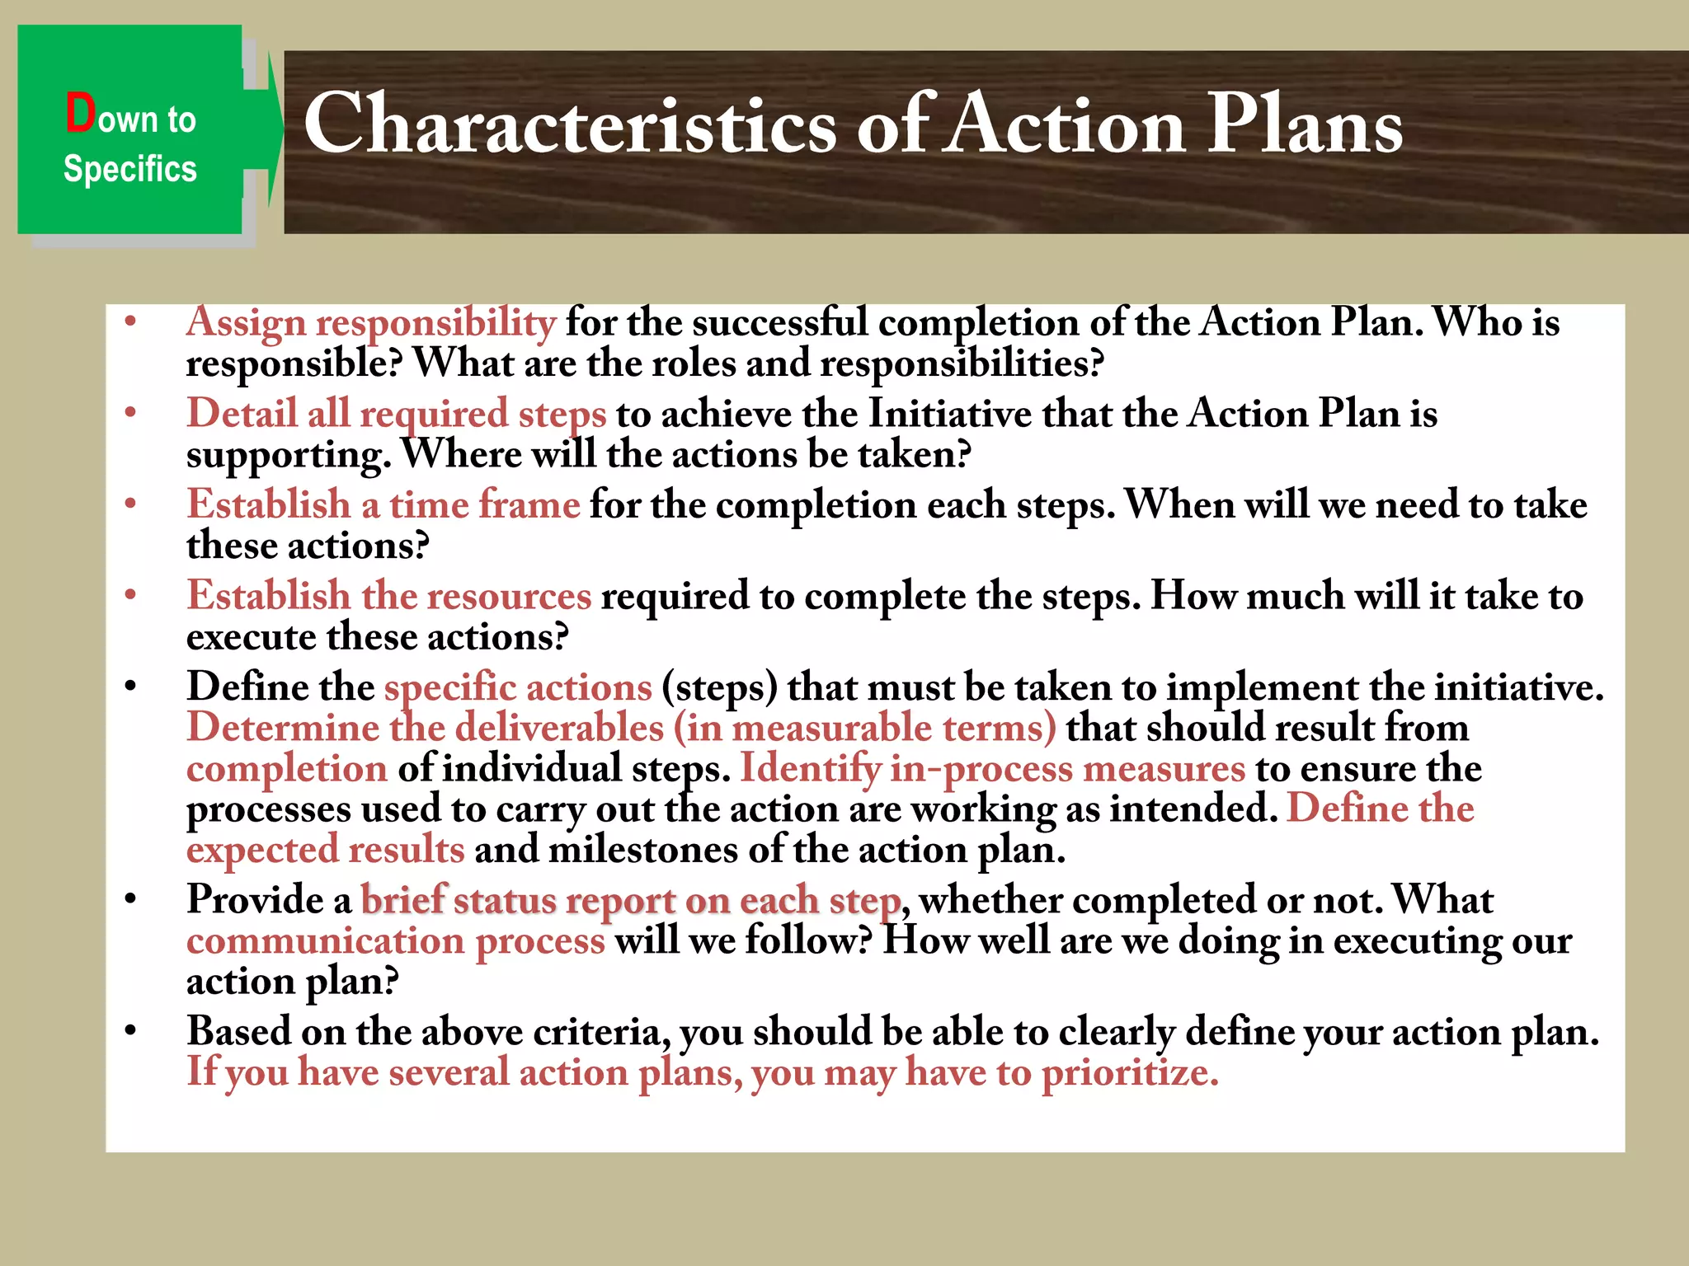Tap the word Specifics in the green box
(x=130, y=169)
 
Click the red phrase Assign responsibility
(x=371, y=322)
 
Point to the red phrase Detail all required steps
(x=397, y=414)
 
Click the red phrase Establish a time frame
(x=383, y=504)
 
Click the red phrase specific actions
(x=518, y=687)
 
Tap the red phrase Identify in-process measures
(x=992, y=768)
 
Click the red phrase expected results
(x=325, y=850)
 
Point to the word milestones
(x=642, y=850)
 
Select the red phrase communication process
(x=396, y=940)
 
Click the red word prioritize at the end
(x=1129, y=1072)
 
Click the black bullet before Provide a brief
(x=130, y=899)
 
